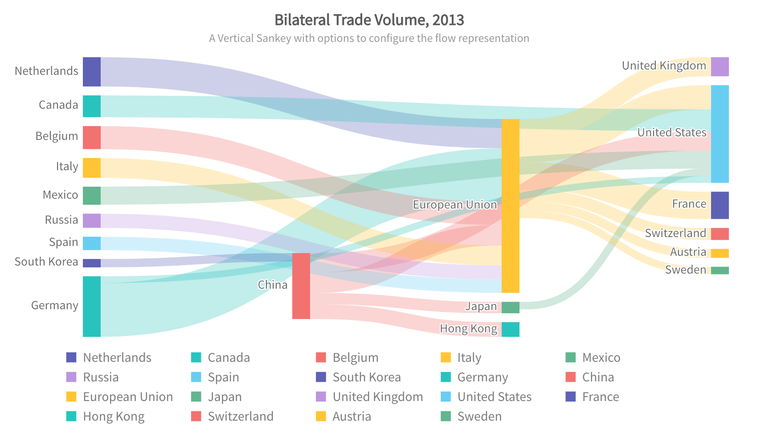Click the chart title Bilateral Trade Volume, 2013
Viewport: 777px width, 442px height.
click(x=369, y=20)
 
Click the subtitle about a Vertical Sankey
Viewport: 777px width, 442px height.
click(x=369, y=38)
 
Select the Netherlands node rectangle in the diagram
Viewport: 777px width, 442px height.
click(x=92, y=72)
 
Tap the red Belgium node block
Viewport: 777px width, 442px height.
click(x=92, y=137)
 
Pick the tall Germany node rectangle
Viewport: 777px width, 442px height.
click(x=92, y=306)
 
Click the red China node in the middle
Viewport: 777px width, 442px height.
click(x=301, y=286)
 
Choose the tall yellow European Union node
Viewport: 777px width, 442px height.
click(x=511, y=206)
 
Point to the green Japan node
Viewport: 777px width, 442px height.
click(x=511, y=307)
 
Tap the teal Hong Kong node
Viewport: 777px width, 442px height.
click(x=511, y=329)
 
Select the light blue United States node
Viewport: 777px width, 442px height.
click(x=720, y=134)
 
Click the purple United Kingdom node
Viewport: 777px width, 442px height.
click(x=720, y=67)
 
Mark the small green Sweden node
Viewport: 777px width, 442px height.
click(x=720, y=270)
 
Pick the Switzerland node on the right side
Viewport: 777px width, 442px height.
click(x=720, y=234)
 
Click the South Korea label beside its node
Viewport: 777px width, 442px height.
click(x=46, y=262)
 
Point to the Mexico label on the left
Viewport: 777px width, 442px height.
click(x=60, y=195)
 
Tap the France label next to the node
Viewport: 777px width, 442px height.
click(x=689, y=204)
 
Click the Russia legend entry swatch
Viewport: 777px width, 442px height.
click(x=71, y=377)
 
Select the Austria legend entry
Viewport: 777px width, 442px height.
click(x=352, y=416)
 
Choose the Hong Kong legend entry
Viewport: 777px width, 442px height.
click(x=114, y=416)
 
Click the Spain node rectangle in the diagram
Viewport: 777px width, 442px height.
click(x=92, y=243)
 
